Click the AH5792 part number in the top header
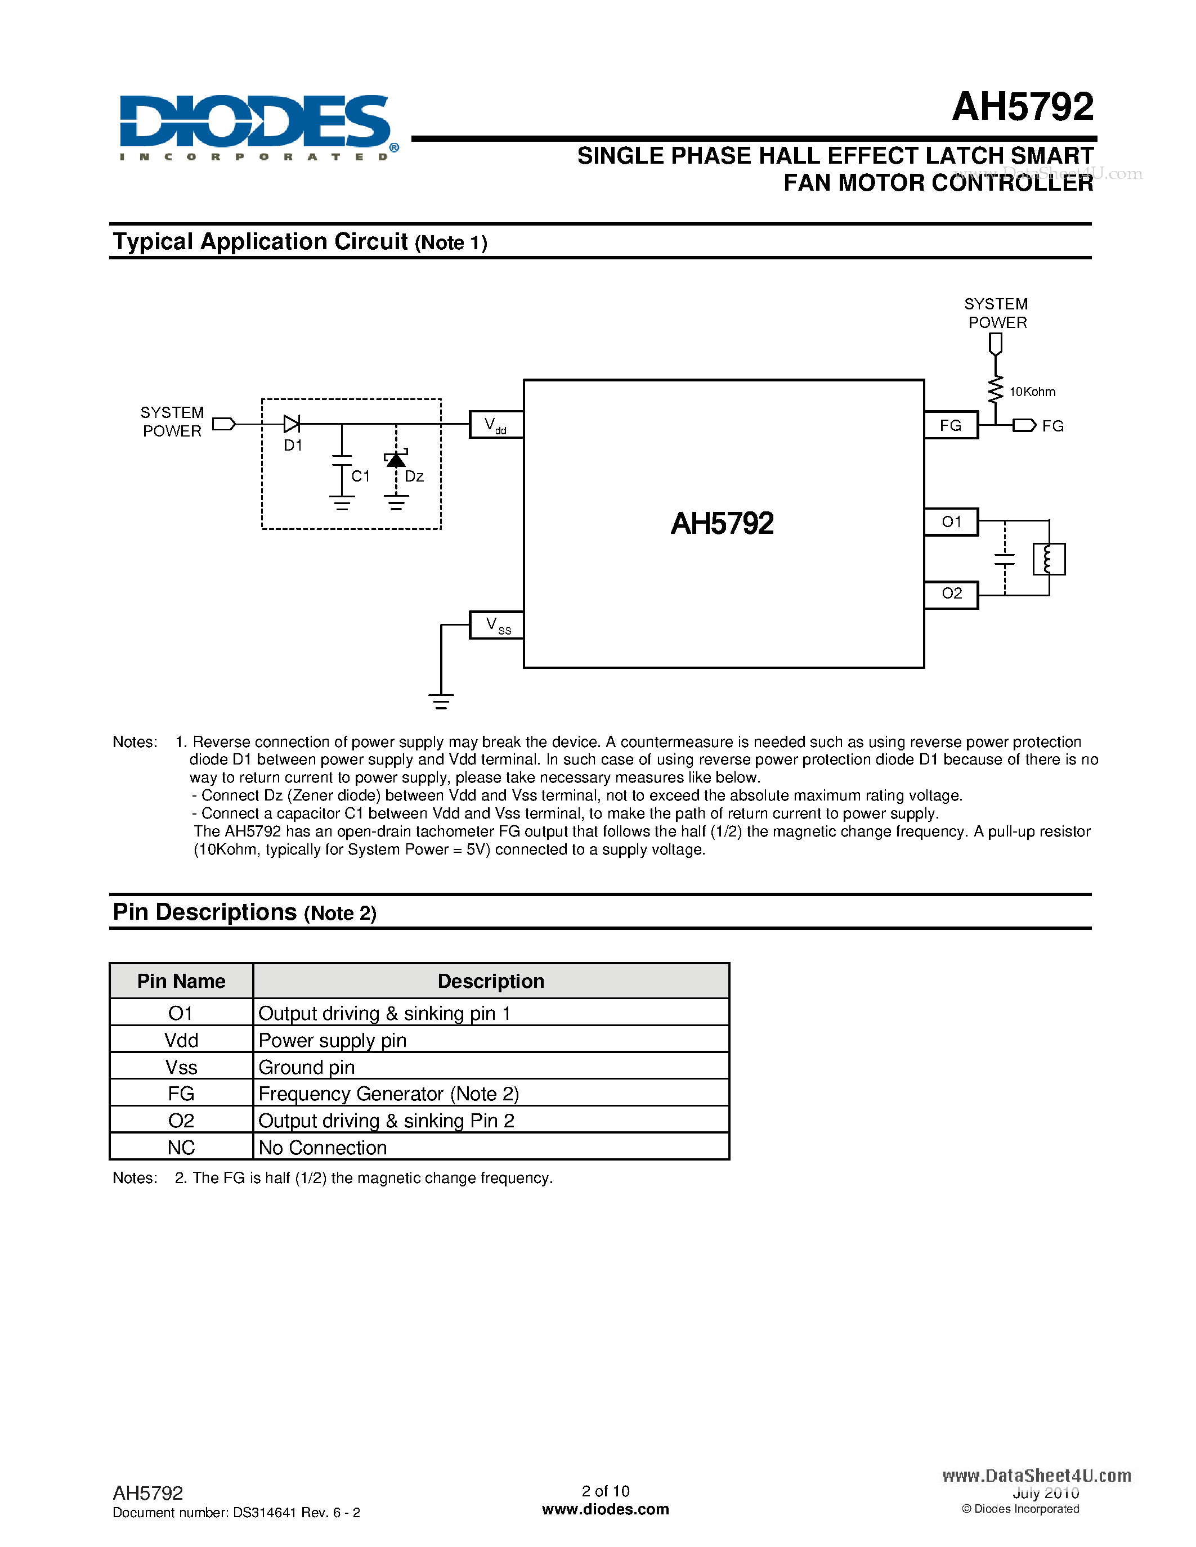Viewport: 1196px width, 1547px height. [1023, 107]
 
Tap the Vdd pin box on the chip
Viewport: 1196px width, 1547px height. [496, 425]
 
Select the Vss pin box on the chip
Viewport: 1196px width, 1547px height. [496, 626]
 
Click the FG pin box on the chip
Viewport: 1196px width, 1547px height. [951, 425]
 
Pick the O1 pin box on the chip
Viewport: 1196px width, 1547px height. [951, 522]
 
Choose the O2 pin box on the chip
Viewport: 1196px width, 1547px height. [951, 593]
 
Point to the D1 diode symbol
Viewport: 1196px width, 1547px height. [291, 424]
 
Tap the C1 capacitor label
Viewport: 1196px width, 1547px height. [361, 476]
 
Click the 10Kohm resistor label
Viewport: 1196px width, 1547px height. [1032, 392]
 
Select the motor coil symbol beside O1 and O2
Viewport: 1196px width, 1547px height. [1049, 559]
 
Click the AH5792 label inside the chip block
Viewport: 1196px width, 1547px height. [722, 524]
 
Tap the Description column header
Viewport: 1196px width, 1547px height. [491, 981]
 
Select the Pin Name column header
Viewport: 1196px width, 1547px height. [181, 981]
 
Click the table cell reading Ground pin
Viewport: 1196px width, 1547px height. [307, 1067]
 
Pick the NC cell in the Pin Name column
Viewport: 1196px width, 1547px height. [181, 1148]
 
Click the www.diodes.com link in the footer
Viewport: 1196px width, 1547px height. [605, 1509]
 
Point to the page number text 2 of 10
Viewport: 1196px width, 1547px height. [605, 1490]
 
